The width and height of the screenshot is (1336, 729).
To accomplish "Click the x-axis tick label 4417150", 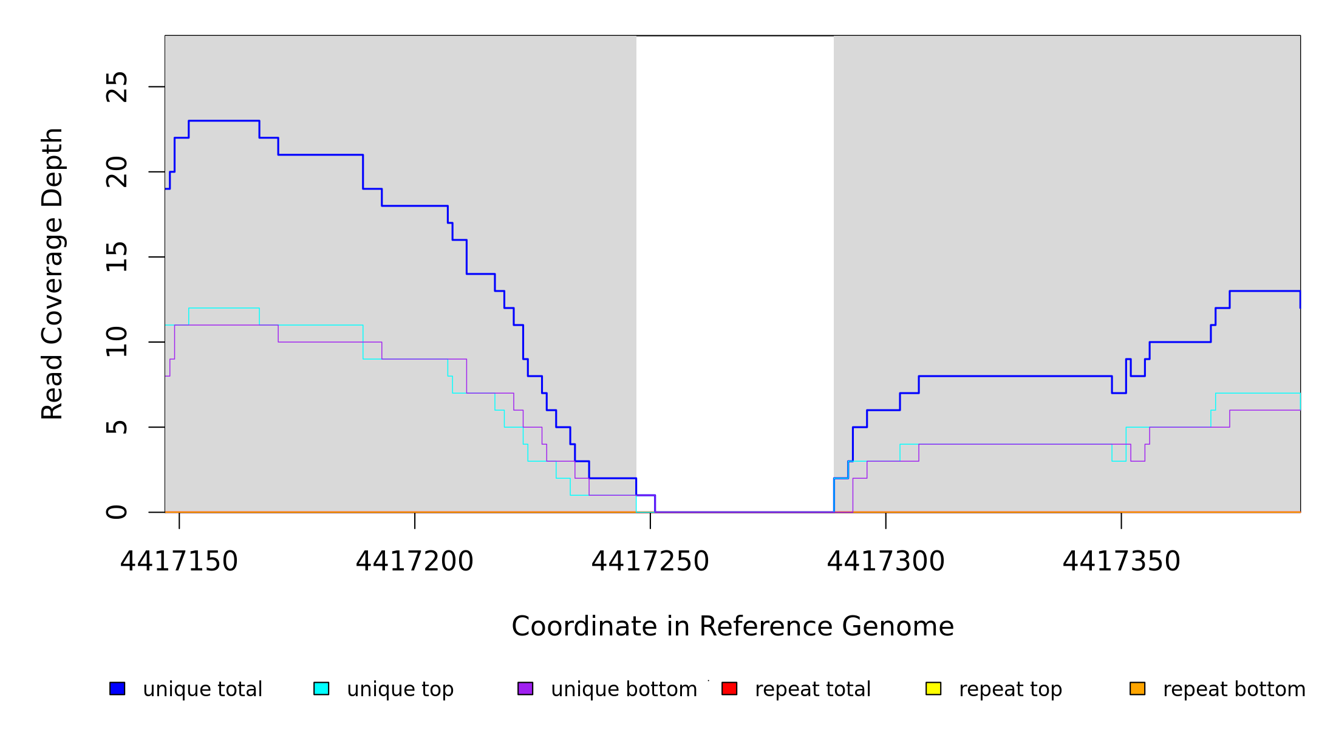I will (179, 562).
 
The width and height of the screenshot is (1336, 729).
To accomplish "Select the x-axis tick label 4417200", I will (414, 562).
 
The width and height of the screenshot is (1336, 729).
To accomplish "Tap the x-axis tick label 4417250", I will (650, 562).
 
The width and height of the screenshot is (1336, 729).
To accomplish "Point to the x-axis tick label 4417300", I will (885, 562).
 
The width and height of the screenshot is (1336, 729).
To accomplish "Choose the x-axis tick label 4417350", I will (1121, 562).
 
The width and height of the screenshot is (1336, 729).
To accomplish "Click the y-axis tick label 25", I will (117, 87).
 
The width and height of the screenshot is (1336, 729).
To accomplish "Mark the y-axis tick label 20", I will (117, 172).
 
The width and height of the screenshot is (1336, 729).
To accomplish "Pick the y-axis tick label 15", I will (117, 257).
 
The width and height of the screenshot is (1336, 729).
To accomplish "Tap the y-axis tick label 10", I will (117, 342).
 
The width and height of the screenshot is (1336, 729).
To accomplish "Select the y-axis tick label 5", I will (117, 427).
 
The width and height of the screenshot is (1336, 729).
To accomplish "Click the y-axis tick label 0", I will (117, 512).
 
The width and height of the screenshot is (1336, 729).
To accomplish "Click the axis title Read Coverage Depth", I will (52, 273).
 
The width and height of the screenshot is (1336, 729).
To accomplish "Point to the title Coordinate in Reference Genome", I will (732, 627).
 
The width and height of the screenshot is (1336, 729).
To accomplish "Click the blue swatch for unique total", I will (117, 688).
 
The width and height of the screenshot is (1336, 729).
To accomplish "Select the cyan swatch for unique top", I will (321, 688).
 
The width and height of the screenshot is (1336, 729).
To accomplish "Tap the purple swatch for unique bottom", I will (525, 688).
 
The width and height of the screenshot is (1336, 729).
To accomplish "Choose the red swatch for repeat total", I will (729, 688).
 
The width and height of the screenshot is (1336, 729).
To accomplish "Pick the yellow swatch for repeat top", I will (933, 688).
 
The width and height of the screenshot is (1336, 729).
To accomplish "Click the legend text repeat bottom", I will (1234, 690).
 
